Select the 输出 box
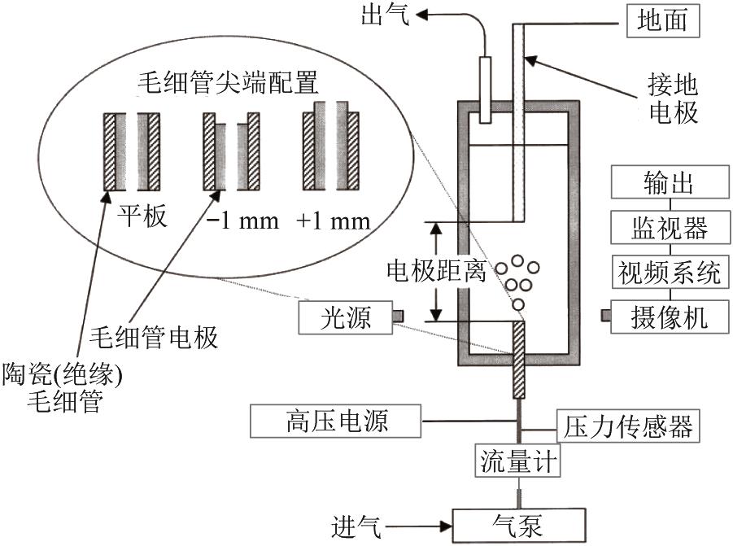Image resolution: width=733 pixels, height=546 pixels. pos(667,183)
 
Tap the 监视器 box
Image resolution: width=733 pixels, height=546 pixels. pos(667,227)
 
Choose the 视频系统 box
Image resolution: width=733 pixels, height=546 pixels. pos(667,271)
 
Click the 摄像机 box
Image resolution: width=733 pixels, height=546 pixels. pos(667,316)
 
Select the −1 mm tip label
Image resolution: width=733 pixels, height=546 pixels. pos(241,221)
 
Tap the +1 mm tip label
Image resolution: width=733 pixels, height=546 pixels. pos(334,221)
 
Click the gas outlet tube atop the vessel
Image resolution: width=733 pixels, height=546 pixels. pos(485,90)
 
